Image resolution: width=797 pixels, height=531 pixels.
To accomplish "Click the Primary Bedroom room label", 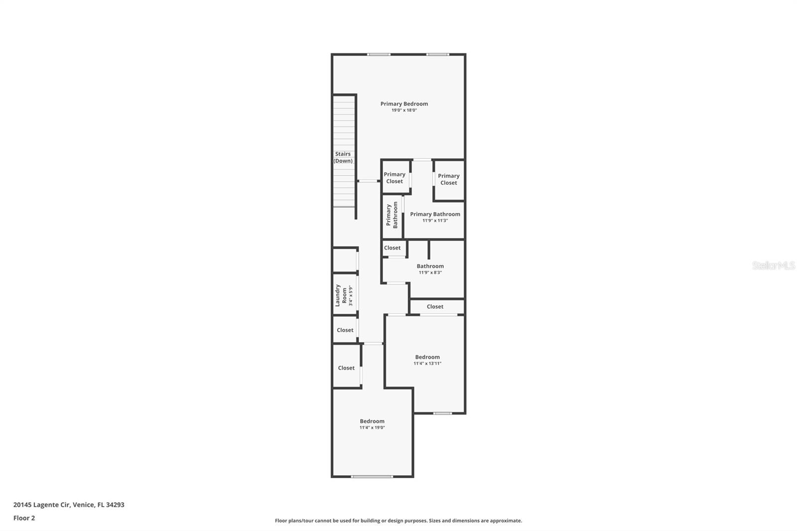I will coord(404,104).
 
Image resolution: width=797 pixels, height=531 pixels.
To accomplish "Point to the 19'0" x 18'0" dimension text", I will coord(404,111).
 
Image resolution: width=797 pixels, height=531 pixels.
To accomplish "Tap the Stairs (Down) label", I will coord(343,157).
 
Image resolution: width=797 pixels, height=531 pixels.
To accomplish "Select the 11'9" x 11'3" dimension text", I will coord(435,221).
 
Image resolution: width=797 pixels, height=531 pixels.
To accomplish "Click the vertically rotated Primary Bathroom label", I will coord(392,215).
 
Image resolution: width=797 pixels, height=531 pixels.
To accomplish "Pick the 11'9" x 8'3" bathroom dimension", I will coord(430,272).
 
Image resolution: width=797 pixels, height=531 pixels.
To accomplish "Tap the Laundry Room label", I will coord(341,295).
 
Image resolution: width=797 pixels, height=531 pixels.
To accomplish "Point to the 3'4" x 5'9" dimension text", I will coord(351,295).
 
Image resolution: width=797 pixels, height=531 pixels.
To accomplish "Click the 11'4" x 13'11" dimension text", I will coord(427,364).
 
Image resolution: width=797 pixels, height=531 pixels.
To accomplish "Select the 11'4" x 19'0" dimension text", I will coord(372,427).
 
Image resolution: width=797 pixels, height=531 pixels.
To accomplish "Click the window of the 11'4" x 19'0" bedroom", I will coord(372,477).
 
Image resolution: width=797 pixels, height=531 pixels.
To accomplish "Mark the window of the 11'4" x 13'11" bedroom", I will coord(442,413).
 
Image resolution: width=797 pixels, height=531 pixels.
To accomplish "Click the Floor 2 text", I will coord(24,518).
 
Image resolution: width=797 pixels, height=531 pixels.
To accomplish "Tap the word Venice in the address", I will coord(83,505).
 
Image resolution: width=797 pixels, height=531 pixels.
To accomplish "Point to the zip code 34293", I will coord(115,505).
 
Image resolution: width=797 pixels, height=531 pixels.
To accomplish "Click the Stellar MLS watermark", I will coord(773,265).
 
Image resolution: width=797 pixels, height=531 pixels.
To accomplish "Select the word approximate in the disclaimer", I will coord(506,521).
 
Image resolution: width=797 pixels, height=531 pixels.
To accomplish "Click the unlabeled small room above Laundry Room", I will coord(345,260).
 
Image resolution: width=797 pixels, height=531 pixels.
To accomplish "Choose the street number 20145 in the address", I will coord(22,505).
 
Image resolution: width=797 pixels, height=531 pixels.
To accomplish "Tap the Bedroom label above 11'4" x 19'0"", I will coord(372,421).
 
